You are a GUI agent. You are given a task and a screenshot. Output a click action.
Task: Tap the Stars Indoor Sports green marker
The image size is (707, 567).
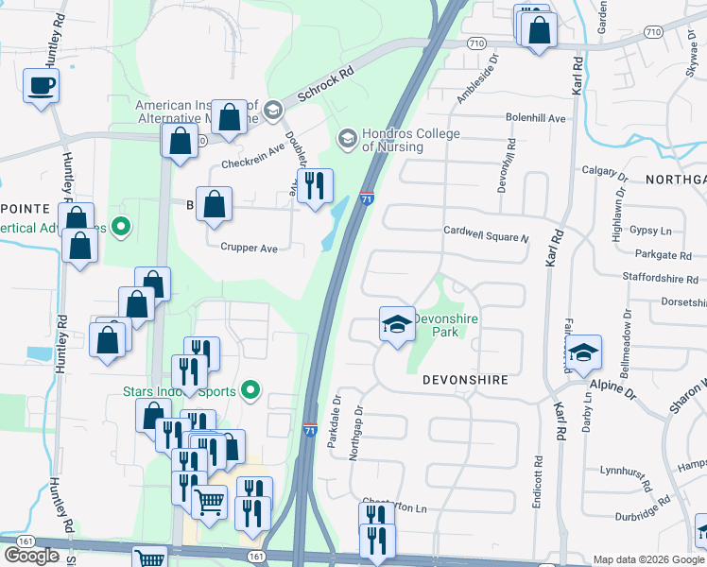[x=250, y=389]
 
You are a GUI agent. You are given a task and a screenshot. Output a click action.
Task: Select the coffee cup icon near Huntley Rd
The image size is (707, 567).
[x=41, y=86]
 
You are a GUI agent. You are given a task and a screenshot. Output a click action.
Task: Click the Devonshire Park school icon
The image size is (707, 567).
[x=397, y=325]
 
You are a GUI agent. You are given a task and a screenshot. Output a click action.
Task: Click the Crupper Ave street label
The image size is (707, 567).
[x=249, y=249]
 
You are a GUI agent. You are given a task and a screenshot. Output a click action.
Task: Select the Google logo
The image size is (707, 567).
[x=31, y=556]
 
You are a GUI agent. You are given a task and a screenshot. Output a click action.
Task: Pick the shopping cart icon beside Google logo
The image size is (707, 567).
[x=149, y=558]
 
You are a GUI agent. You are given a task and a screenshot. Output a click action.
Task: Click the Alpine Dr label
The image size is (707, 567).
[x=611, y=385]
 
